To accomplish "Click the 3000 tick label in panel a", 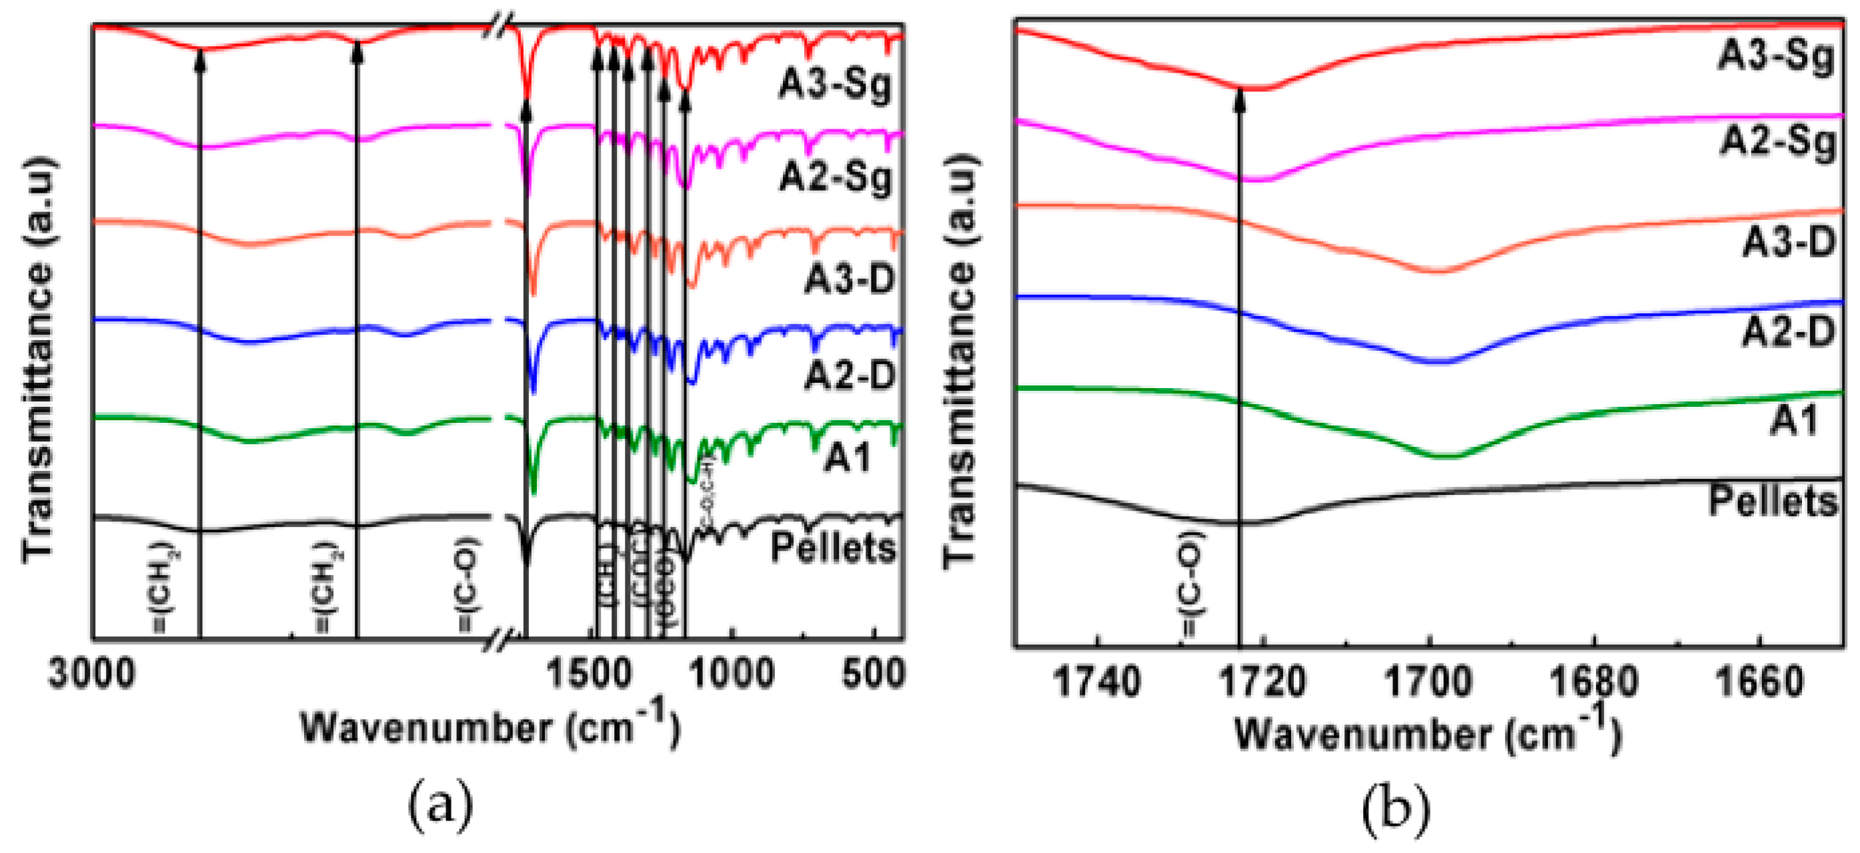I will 92,675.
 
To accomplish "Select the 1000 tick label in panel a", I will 731,675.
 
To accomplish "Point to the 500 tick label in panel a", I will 872,675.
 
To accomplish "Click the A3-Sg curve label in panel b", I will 1775,55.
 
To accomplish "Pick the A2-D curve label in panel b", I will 1788,332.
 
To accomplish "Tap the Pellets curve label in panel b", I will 1773,501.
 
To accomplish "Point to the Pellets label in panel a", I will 832,548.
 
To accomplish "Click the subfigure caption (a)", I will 440,808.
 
